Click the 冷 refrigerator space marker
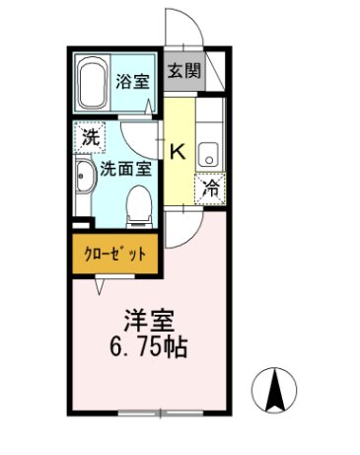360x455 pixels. coord(211,190)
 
